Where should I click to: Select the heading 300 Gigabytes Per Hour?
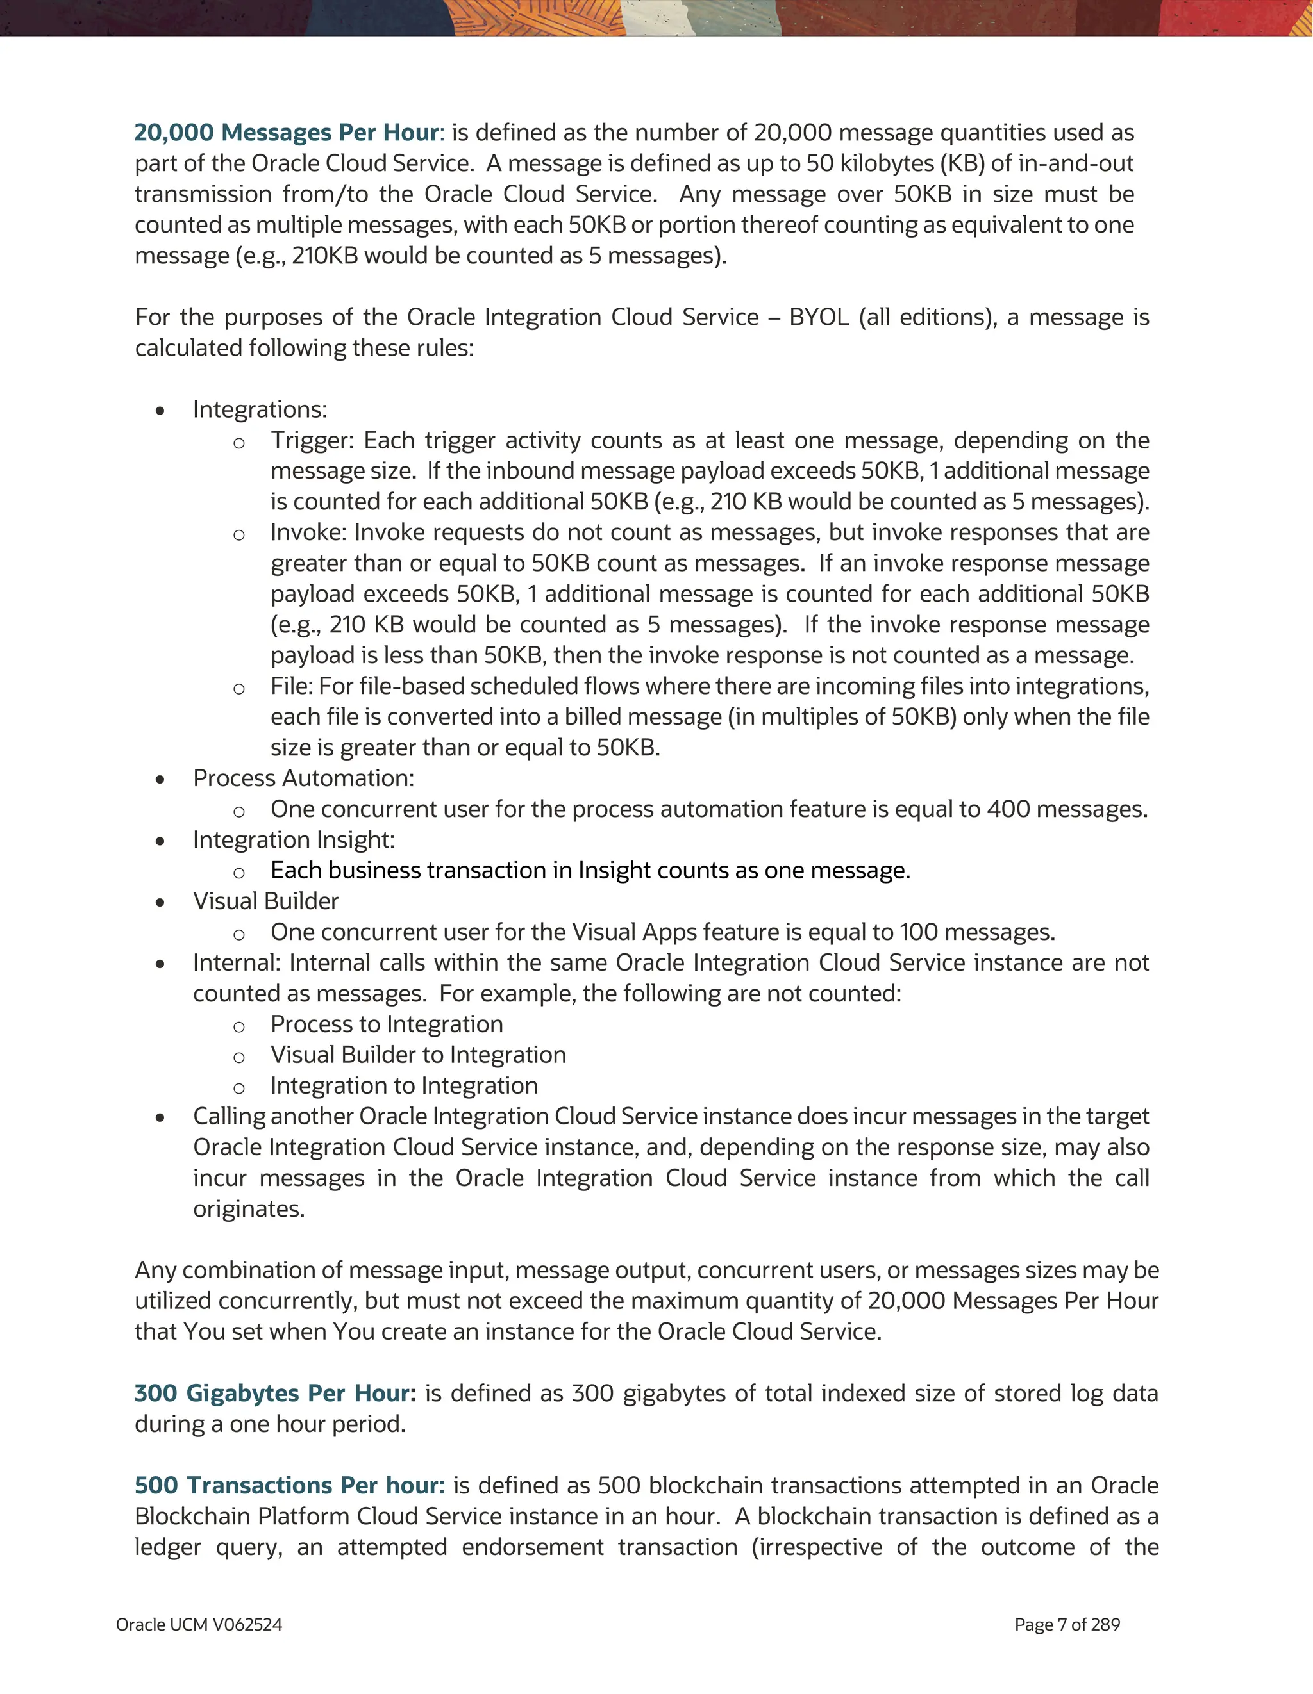tap(274, 1393)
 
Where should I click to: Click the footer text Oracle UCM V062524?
tap(199, 1625)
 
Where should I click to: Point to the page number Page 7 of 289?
tap(1067, 1625)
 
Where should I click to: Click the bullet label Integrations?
tap(260, 409)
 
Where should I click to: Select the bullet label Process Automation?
tap(303, 778)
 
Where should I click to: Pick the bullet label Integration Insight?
tap(294, 840)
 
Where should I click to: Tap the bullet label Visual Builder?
tap(265, 901)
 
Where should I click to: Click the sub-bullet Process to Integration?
tap(387, 1024)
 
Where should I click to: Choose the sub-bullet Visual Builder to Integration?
tap(418, 1055)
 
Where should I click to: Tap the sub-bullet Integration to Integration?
tap(403, 1086)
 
